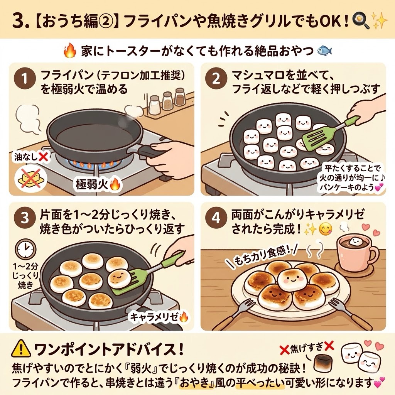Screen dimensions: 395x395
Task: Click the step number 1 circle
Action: point(24,79)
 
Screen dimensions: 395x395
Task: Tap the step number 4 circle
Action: point(216,218)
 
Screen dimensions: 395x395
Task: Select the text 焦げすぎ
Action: point(307,349)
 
